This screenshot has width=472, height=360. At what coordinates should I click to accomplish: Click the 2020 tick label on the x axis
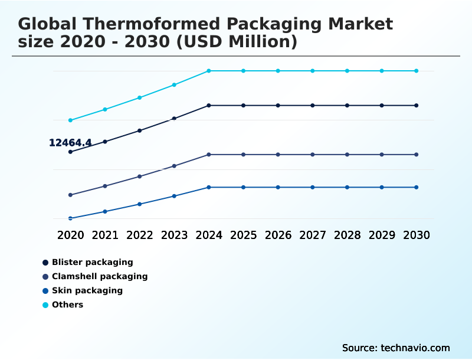point(70,235)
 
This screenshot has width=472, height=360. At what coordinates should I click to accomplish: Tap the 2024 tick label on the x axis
point(209,235)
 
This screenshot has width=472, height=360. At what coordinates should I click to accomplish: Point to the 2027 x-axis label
point(313,235)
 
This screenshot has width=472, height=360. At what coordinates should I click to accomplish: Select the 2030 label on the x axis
point(417,235)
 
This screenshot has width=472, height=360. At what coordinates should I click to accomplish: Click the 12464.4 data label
point(70,143)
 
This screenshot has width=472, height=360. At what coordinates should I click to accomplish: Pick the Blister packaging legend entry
point(92,262)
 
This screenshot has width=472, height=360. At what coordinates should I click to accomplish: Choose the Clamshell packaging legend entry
point(99,276)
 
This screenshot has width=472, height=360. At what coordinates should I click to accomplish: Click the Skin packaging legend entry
point(87,290)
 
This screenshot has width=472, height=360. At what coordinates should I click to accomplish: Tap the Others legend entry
point(67,305)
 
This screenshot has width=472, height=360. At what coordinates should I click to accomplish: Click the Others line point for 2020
point(70,120)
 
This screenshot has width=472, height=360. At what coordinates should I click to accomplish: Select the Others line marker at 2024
point(209,71)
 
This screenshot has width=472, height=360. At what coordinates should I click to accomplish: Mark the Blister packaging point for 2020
point(70,152)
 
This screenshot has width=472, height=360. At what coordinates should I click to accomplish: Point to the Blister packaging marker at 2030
point(417,106)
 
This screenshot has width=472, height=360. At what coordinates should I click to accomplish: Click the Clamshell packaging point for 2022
point(140,176)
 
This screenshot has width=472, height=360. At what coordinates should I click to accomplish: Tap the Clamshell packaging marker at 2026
point(278,155)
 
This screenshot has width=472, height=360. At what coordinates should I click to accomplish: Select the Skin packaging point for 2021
point(105,211)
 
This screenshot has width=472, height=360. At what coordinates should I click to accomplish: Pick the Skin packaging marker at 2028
point(348,187)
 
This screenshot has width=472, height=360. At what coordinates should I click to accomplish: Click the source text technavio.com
point(416,348)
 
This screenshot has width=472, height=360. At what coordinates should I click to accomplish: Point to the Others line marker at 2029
point(382,71)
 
